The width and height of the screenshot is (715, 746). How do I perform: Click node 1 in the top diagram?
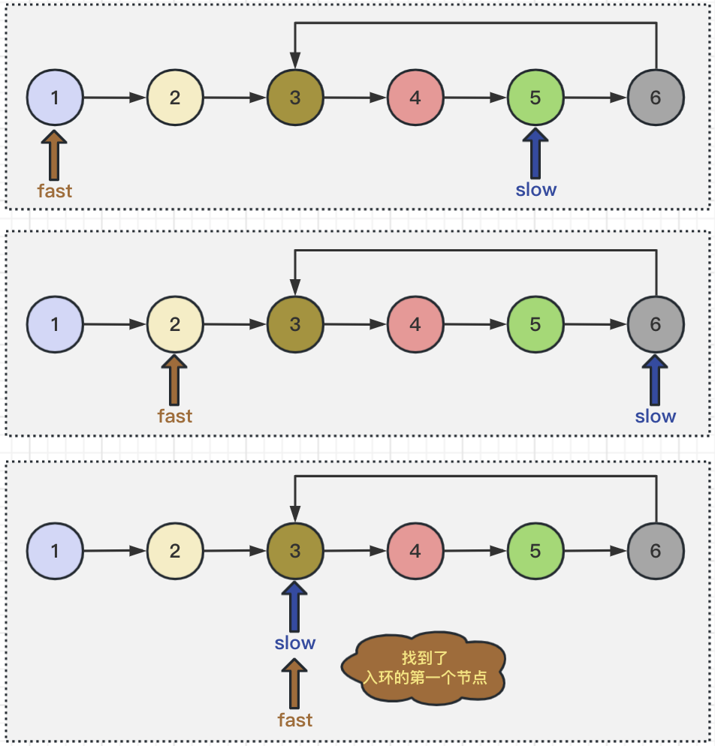pos(55,98)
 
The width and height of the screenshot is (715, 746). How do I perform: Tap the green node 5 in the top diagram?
pos(535,98)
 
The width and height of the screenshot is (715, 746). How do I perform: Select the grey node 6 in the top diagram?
pos(656,98)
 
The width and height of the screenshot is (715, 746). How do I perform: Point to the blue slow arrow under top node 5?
pos(535,154)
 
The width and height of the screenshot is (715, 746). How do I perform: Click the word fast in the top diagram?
pos(55,191)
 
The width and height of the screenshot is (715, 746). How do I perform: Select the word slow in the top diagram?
pos(536,190)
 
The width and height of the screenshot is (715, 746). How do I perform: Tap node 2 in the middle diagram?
pos(175,324)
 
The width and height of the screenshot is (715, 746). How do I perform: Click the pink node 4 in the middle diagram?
pos(415,324)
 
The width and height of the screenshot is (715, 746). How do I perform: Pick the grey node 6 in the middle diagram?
pos(656,324)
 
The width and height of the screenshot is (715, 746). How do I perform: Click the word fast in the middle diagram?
pos(175,416)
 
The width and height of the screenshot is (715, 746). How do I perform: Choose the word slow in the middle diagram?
pos(656,416)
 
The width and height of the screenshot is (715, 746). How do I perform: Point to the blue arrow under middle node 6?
pos(656,381)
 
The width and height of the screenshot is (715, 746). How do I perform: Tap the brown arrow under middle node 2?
pos(175,381)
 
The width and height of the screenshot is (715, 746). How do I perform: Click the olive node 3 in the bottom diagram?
pos(295,551)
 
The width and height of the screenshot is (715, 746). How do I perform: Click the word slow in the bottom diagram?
pos(295,643)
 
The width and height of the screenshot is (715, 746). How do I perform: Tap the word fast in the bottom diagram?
pos(295,720)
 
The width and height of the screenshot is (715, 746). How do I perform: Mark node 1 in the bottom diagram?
pos(55,551)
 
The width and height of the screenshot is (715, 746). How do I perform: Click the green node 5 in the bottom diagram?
pos(535,551)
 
